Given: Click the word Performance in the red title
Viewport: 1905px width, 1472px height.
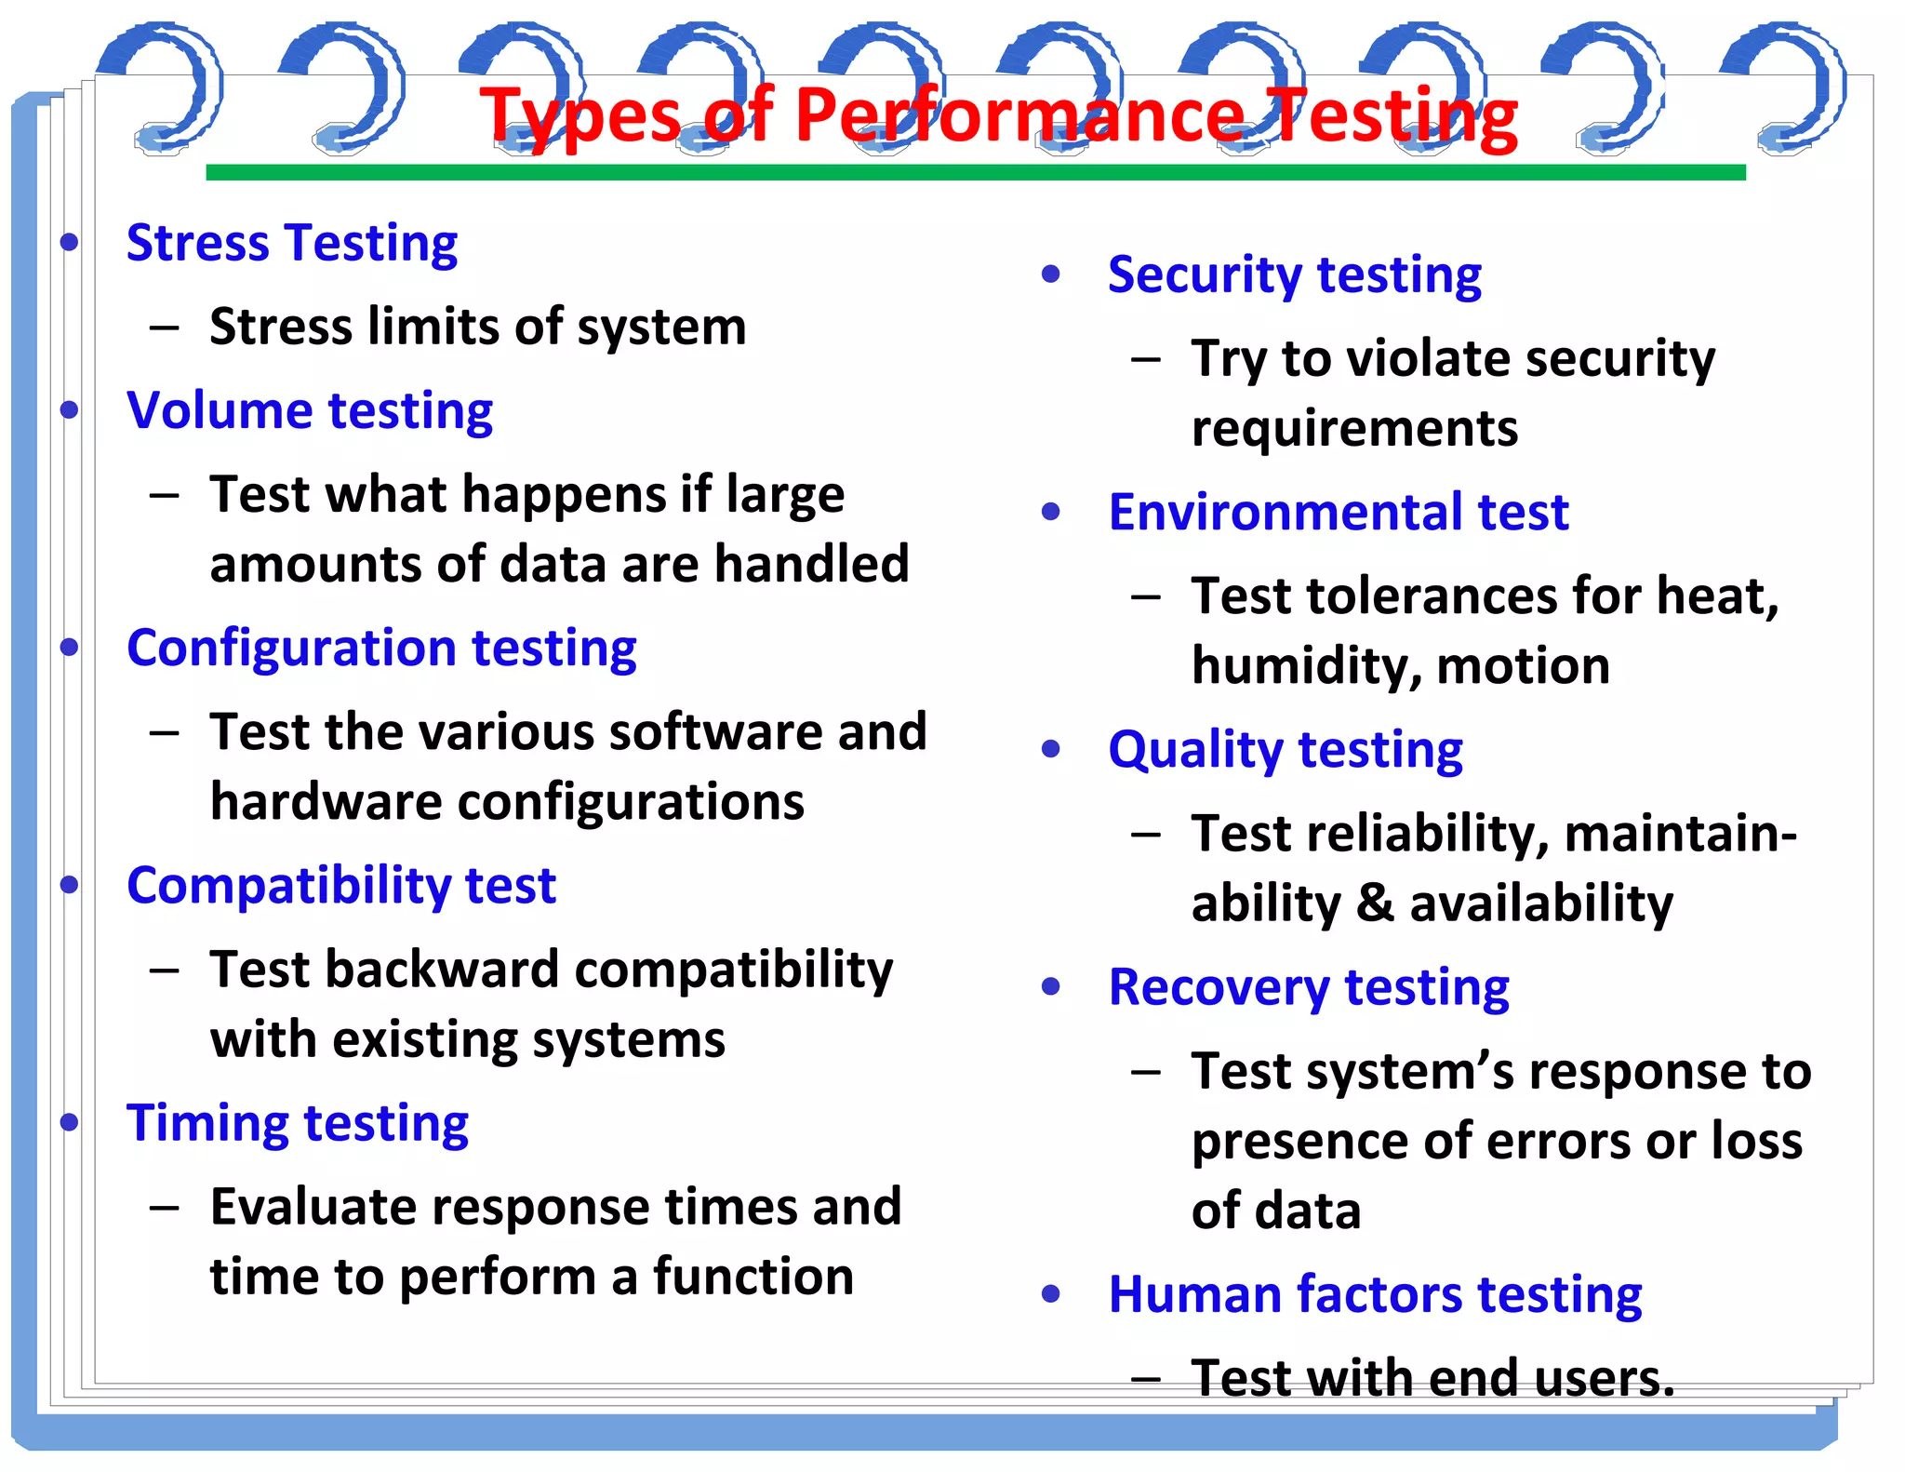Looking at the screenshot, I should [1019, 116].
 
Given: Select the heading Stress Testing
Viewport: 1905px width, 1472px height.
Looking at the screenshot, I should [292, 244].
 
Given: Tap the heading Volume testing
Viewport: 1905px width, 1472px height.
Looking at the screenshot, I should [310, 411].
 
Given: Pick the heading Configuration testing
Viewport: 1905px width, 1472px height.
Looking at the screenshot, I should [381, 649].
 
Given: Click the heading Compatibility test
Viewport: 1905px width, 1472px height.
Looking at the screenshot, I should [341, 886].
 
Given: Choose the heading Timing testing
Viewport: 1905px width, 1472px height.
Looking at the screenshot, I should [298, 1123].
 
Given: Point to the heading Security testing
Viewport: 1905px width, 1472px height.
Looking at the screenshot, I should [1294, 275].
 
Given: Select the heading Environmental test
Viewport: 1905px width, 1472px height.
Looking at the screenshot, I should [1338, 513].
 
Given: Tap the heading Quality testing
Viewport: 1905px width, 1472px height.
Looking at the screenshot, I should [1285, 750].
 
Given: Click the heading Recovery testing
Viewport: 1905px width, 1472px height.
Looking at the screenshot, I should [1308, 987].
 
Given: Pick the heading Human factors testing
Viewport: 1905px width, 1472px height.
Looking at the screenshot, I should [1375, 1294].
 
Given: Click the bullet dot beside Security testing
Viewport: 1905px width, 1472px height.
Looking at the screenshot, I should [1051, 274].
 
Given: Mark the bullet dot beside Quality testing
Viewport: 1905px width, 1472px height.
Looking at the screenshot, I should [1051, 749].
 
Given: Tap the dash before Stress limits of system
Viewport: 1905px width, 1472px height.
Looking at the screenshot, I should [165, 328].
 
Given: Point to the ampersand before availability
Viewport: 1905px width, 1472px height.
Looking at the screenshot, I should [1375, 903].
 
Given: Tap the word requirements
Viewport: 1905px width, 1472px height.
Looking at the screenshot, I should [1354, 430].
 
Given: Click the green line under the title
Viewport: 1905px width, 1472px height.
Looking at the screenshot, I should [975, 172].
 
